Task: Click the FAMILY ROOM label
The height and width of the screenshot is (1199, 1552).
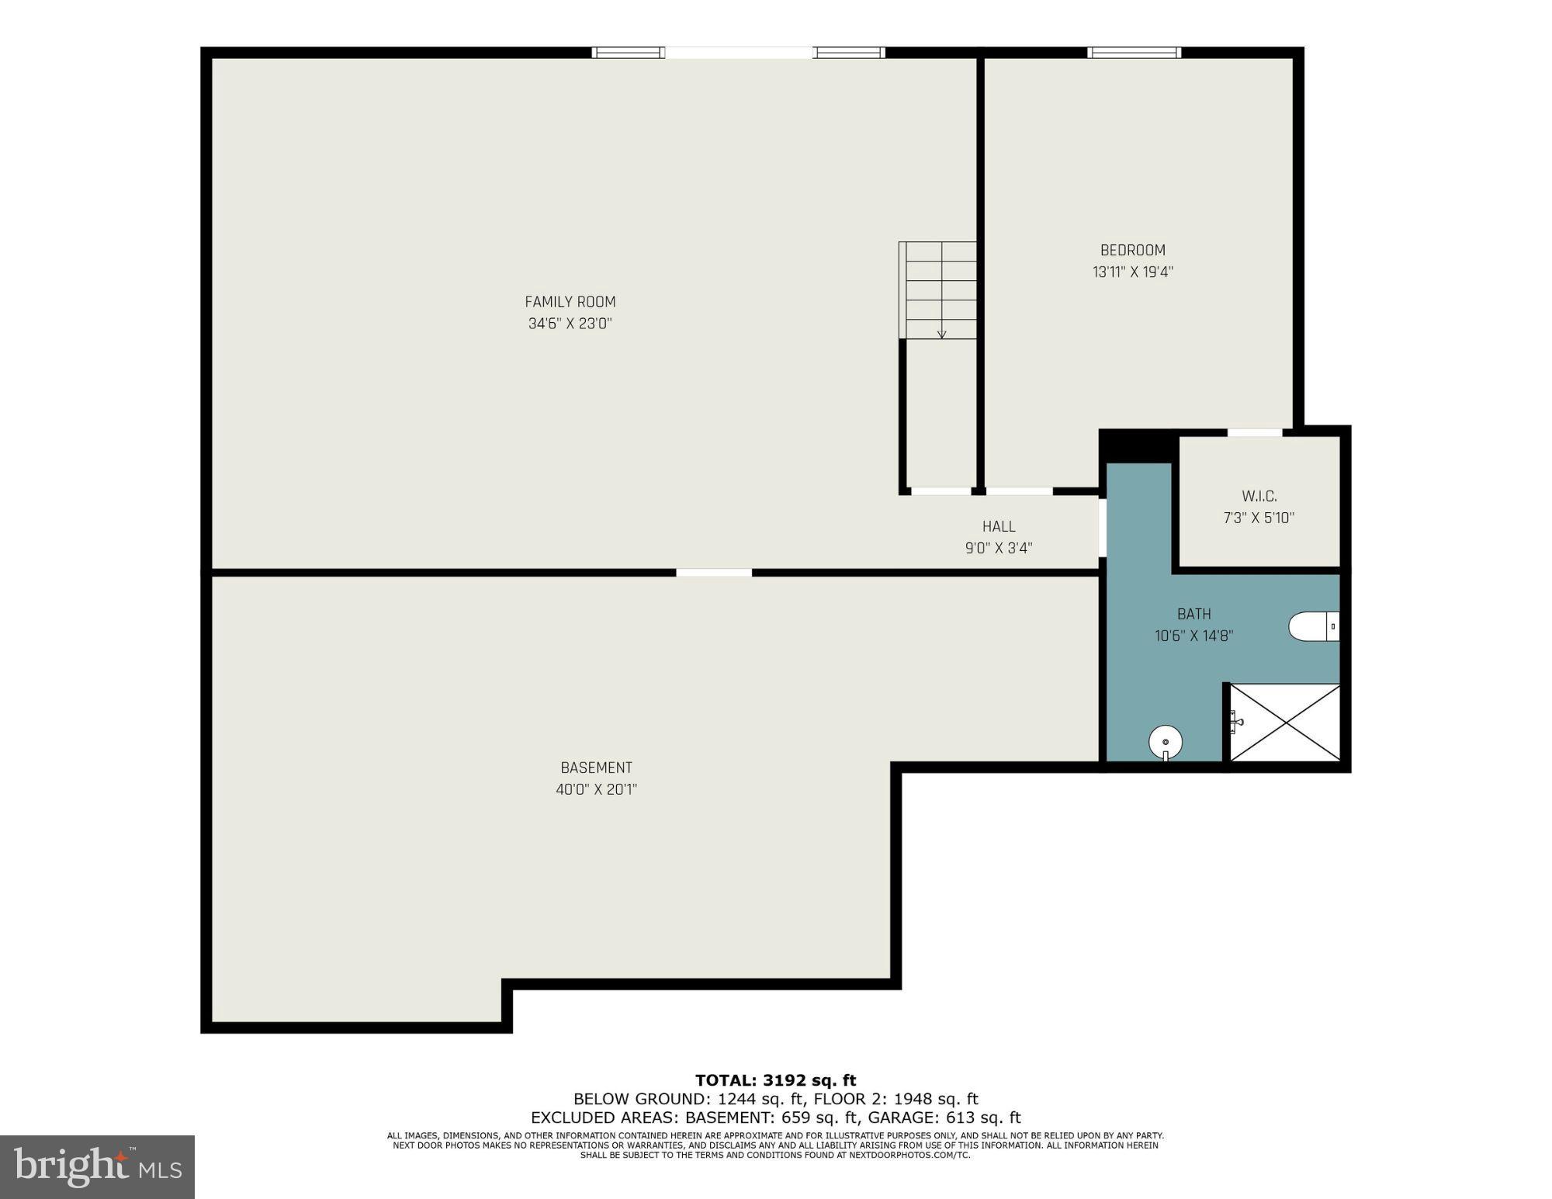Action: pos(570,302)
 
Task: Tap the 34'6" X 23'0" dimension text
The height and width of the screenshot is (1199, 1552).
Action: pos(570,324)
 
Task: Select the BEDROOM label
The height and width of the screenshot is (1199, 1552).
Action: pos(1132,250)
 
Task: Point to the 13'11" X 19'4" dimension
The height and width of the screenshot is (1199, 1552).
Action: pos(1132,272)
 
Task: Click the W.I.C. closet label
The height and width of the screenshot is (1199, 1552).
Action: pos(1259,496)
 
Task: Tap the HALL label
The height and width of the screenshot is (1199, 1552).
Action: pos(998,526)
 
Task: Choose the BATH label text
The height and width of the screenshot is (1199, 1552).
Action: pos(1193,614)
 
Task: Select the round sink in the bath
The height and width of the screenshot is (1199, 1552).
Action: pos(1165,742)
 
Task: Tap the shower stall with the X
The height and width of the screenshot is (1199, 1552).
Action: pos(1285,723)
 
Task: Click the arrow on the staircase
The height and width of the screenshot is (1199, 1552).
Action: pos(941,333)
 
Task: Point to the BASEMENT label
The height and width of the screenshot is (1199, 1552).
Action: pos(596,768)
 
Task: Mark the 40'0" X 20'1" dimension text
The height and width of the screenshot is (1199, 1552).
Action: pos(596,789)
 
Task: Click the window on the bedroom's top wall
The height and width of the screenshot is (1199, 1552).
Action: pos(1134,53)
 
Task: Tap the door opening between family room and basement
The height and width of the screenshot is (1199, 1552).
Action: pos(713,573)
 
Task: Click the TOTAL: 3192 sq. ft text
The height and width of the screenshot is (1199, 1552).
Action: pos(775,1080)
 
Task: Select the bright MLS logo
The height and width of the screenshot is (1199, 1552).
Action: pos(97,1166)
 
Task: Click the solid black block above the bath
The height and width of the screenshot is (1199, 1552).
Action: pos(1135,445)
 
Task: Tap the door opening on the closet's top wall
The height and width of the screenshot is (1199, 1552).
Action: pos(1254,432)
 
